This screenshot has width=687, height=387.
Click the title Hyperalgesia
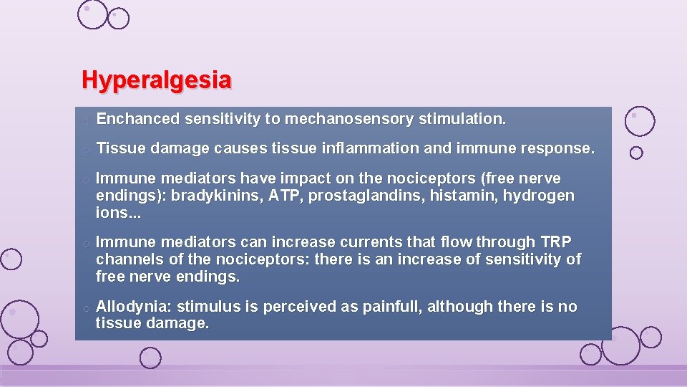click(157, 80)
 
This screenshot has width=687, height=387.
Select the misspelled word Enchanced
click(137, 119)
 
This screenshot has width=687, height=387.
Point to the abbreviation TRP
click(556, 242)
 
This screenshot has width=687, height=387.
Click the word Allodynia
click(132, 307)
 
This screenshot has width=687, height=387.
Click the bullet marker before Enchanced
click(85, 120)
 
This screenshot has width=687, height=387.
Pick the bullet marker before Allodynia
click(85, 308)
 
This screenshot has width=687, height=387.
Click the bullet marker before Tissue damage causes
click(85, 150)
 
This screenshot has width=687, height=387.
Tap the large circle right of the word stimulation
click(639, 121)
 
